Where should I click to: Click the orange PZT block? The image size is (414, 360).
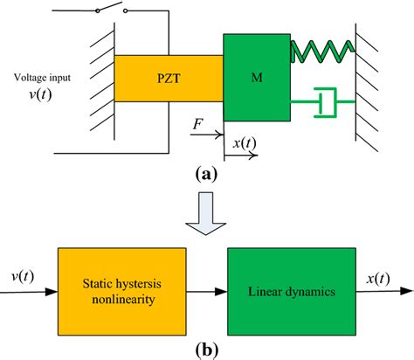[x=168, y=78]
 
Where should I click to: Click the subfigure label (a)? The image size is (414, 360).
[x=207, y=173]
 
